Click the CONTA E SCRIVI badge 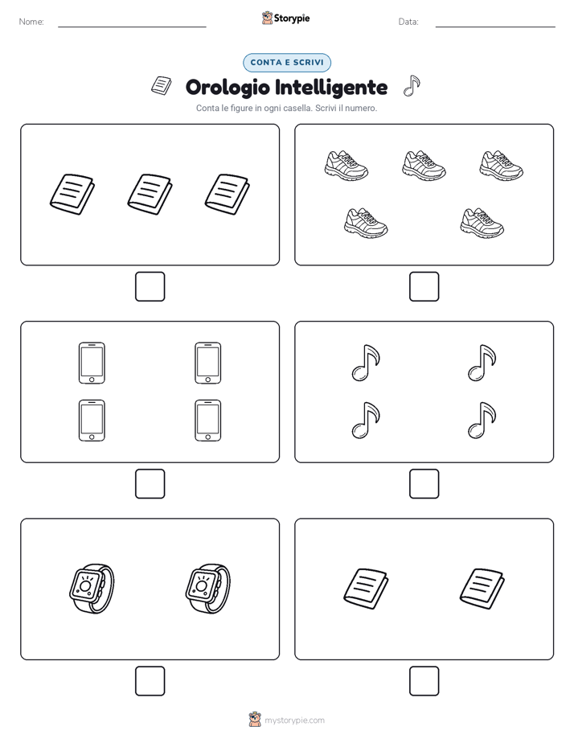(287, 63)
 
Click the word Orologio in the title (228, 88)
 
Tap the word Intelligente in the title (331, 88)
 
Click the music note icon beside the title (412, 86)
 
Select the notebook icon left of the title (162, 86)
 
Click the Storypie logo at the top (286, 18)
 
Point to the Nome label (31, 22)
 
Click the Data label (408, 22)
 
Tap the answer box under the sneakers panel (424, 287)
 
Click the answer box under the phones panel (150, 484)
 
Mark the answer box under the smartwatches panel (150, 681)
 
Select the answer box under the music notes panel (424, 484)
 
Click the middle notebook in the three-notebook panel (150, 195)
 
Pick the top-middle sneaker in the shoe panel (424, 166)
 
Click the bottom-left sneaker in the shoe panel (366, 223)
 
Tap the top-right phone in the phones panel (208, 363)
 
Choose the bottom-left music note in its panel (366, 421)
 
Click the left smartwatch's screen (85, 585)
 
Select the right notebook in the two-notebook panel (482, 589)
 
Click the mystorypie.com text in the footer (294, 720)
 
